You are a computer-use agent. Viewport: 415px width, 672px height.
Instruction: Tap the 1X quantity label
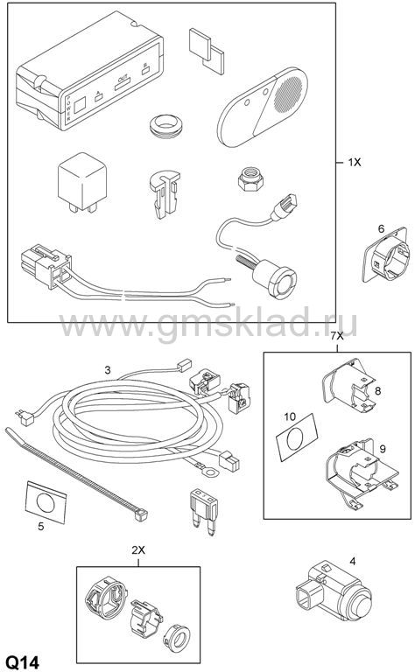point(354,162)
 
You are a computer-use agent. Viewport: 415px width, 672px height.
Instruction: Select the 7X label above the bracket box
point(337,336)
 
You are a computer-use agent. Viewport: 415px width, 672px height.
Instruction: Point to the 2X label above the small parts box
point(138,550)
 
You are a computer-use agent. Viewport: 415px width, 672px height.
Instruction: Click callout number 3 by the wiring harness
point(108,369)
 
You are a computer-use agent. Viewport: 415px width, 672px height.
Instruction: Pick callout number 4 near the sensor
point(353,561)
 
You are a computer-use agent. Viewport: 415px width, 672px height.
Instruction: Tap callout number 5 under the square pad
point(41,526)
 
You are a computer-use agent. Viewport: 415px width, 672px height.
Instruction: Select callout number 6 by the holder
point(381,229)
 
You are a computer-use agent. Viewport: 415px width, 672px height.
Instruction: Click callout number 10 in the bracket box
point(290,416)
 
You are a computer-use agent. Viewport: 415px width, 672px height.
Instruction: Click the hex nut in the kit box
point(250,178)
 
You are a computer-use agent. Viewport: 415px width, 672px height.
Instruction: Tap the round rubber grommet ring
point(166,126)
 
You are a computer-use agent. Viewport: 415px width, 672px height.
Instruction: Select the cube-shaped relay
point(82,182)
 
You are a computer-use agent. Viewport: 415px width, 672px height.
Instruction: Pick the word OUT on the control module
point(123,78)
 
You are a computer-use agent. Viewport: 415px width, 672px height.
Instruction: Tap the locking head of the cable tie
point(141,514)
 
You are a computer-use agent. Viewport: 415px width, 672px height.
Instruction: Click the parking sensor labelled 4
point(333,593)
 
